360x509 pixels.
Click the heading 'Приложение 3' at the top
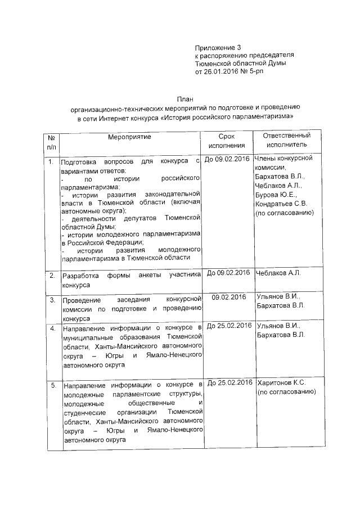(217, 47)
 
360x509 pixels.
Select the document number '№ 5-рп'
(250, 73)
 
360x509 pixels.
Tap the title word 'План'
(185, 98)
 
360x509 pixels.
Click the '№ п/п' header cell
(51, 142)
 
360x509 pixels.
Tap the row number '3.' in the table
(52, 299)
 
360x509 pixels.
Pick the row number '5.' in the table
(52, 386)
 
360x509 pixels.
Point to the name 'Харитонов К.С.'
(281, 383)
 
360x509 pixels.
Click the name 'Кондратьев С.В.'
(281, 203)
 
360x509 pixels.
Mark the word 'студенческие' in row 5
(85, 412)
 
